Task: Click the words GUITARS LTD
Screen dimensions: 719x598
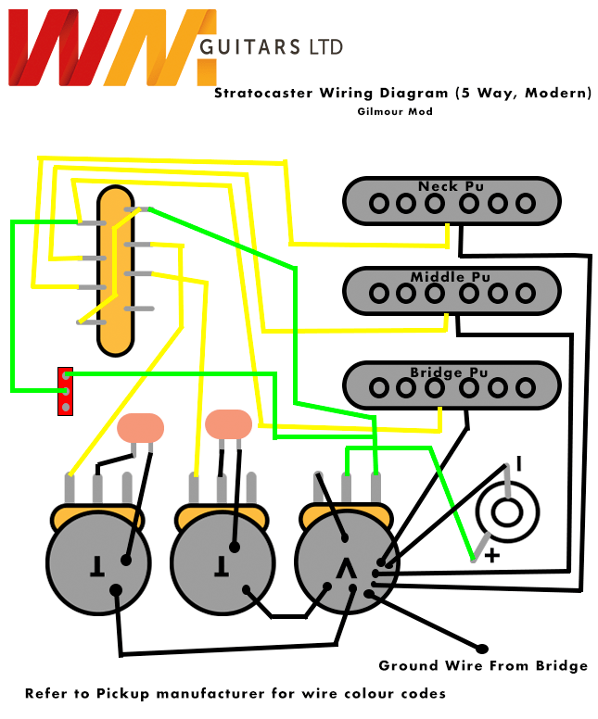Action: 271,46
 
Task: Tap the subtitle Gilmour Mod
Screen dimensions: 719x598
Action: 394,111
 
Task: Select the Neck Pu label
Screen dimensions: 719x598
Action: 451,186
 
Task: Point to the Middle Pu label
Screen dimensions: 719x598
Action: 451,277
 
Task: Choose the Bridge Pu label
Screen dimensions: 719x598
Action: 451,372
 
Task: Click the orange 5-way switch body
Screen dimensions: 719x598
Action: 117,269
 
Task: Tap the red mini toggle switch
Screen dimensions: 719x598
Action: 65,391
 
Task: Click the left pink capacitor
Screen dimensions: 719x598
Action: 141,427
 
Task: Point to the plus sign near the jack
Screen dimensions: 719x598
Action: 492,556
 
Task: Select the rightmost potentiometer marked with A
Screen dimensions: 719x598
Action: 345,564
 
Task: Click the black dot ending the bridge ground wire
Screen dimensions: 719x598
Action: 482,648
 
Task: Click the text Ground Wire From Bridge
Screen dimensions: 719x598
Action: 483,666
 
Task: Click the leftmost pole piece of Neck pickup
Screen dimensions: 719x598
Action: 378,203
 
